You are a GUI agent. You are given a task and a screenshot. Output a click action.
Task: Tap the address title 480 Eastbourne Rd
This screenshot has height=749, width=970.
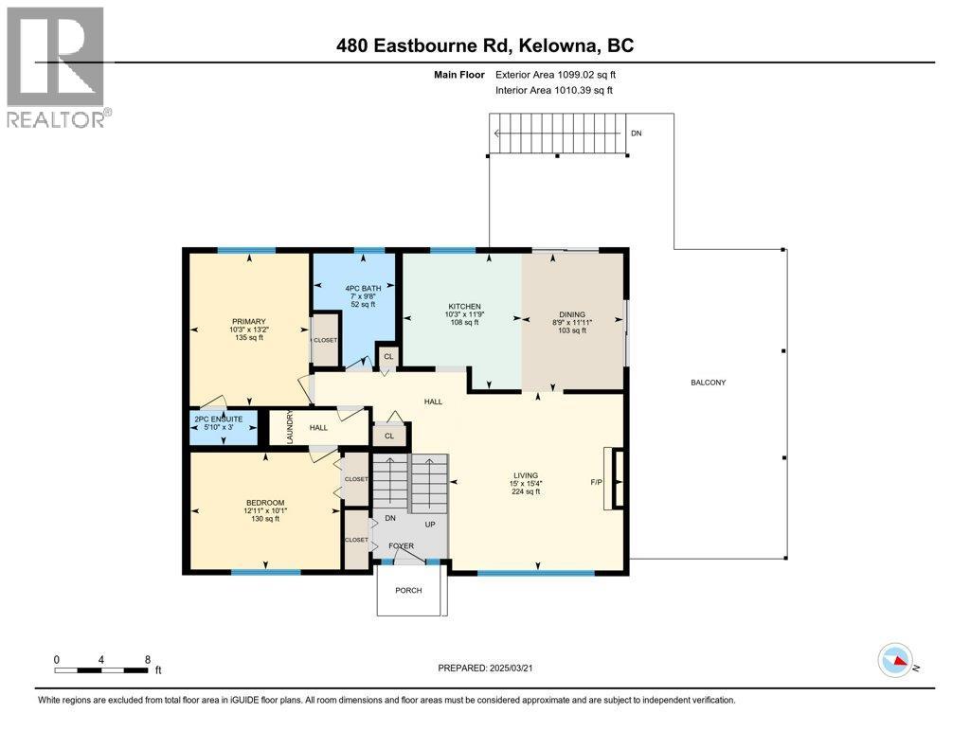(x=484, y=45)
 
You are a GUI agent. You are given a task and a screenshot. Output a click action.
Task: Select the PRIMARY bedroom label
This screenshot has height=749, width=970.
(x=248, y=321)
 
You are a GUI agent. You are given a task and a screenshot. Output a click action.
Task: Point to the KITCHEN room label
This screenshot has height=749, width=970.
(x=464, y=306)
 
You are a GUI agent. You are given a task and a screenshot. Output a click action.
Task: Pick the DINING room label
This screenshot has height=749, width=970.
(x=571, y=314)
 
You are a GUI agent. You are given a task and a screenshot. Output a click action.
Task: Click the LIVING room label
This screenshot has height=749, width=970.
(x=525, y=475)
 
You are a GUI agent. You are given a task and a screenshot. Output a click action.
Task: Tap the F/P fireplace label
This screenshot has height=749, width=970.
(x=597, y=483)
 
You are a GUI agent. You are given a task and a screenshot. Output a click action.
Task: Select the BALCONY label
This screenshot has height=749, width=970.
(x=709, y=383)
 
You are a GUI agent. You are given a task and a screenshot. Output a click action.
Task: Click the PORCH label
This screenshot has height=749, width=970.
(x=408, y=590)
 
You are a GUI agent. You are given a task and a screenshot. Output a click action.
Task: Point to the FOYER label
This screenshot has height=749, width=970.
(x=401, y=546)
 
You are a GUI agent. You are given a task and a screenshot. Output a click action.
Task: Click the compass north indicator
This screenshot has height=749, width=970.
(x=895, y=660)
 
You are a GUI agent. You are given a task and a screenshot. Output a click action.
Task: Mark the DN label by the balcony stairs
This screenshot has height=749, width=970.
(x=636, y=134)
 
